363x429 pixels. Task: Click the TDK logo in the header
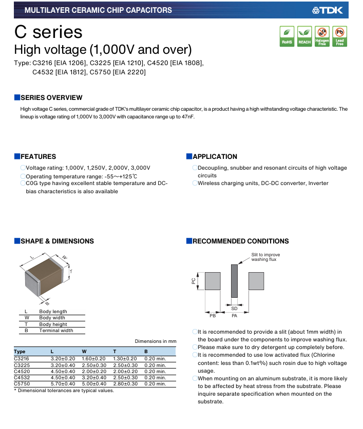pos(328,10)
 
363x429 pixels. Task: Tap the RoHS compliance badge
pos(287,36)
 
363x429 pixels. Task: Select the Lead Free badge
pos(339,36)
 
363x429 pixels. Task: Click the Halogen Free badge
pos(322,36)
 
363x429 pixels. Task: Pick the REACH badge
pos(304,36)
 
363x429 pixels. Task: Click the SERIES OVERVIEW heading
pos(51,98)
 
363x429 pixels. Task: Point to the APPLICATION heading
pos(215,156)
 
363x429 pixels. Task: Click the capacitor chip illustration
pos(44,277)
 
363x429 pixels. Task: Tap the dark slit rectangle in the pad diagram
pos(234,281)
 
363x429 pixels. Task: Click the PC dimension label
pos(194,281)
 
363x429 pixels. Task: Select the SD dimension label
pos(234,309)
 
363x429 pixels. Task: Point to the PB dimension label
pos(213,316)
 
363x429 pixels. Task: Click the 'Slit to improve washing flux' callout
pos(265,257)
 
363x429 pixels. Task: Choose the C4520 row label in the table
pos(22,372)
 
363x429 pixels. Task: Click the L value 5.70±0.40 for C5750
pos(63,384)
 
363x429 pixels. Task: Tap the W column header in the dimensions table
pos(84,351)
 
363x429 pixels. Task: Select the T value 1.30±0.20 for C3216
pos(125,359)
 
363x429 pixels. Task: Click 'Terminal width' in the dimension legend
pos(56,331)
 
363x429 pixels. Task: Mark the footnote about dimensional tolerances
pos(64,391)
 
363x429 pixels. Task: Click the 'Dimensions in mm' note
pos(156,341)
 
